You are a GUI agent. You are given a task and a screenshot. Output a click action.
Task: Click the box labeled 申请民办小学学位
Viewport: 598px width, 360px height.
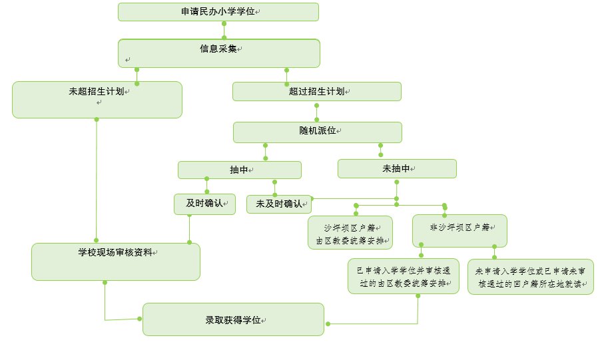click(x=218, y=12)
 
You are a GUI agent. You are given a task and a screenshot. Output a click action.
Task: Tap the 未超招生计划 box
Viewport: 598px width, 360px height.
click(x=97, y=100)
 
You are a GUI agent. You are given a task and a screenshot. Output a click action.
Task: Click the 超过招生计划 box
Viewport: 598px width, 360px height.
click(x=316, y=91)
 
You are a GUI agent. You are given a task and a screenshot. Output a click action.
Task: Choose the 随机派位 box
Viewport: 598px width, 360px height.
click(x=317, y=132)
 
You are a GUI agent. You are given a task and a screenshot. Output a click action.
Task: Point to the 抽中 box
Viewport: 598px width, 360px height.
click(x=239, y=170)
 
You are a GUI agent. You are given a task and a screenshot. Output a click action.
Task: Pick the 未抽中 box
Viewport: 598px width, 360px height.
click(x=397, y=169)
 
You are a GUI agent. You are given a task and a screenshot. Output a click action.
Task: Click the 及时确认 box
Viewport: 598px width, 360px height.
click(x=204, y=204)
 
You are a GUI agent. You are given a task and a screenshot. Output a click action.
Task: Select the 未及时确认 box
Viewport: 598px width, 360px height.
click(x=278, y=204)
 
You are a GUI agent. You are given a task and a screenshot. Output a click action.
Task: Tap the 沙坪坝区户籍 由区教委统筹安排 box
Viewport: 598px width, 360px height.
click(x=350, y=233)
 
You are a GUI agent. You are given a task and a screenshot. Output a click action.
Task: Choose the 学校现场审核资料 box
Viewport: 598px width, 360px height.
click(x=116, y=262)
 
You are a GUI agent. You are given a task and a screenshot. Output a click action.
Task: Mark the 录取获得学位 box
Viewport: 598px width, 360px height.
click(x=233, y=319)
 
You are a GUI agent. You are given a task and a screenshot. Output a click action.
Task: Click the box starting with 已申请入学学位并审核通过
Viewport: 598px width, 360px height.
click(x=404, y=276)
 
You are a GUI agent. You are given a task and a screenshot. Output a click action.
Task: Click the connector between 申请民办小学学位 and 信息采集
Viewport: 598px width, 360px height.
click(x=224, y=31)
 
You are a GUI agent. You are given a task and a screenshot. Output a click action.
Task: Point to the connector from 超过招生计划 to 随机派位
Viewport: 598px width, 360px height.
click(x=317, y=111)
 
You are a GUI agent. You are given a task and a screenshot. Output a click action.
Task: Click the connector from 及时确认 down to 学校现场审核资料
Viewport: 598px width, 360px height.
click(x=190, y=229)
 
